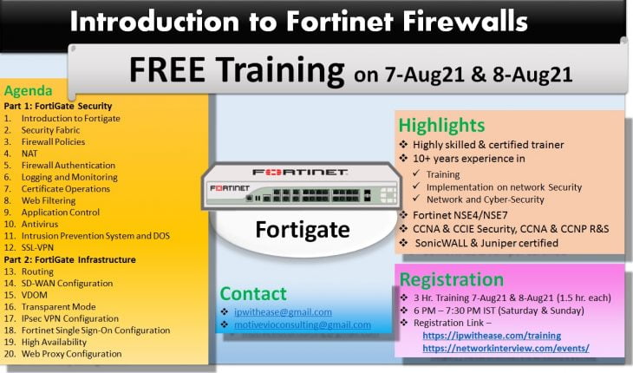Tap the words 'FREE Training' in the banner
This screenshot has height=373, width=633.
(236, 69)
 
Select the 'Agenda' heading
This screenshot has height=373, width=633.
(28, 91)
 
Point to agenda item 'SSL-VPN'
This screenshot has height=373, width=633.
(40, 247)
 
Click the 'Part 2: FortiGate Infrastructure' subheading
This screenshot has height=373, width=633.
(69, 259)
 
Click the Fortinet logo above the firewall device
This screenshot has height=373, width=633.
(300, 171)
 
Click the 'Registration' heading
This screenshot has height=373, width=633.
(450, 279)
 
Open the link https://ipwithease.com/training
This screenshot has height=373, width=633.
(491, 335)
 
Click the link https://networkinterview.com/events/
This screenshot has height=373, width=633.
(506, 348)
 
